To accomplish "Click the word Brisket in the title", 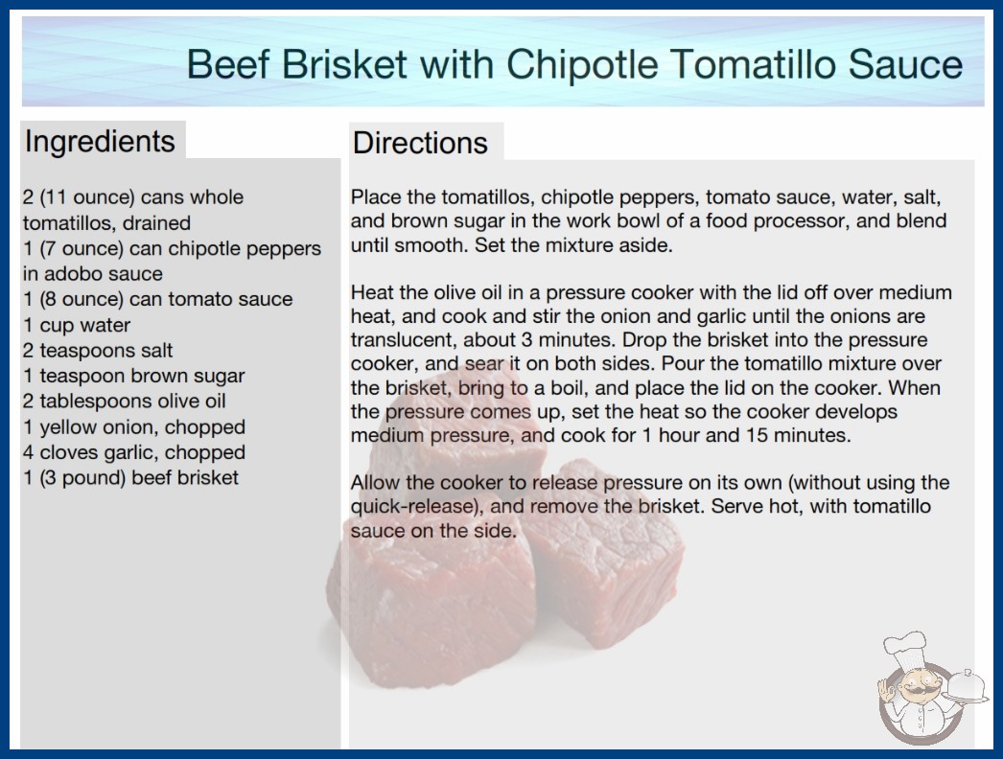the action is point(343,64).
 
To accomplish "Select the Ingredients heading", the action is point(100,142).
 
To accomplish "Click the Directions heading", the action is point(420,143).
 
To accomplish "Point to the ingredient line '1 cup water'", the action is point(77,325).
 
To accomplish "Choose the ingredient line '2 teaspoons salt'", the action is point(98,351).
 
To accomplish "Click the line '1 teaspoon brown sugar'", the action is point(133,376).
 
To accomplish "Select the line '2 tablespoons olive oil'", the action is point(124,401).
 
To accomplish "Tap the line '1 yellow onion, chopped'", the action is point(134,426).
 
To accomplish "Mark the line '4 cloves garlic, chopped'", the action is point(134,452).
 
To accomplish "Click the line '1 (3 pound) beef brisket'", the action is point(131,477).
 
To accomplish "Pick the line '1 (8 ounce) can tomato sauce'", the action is point(158,299).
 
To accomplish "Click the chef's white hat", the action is point(906,647).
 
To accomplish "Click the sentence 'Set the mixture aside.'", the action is point(573,245).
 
